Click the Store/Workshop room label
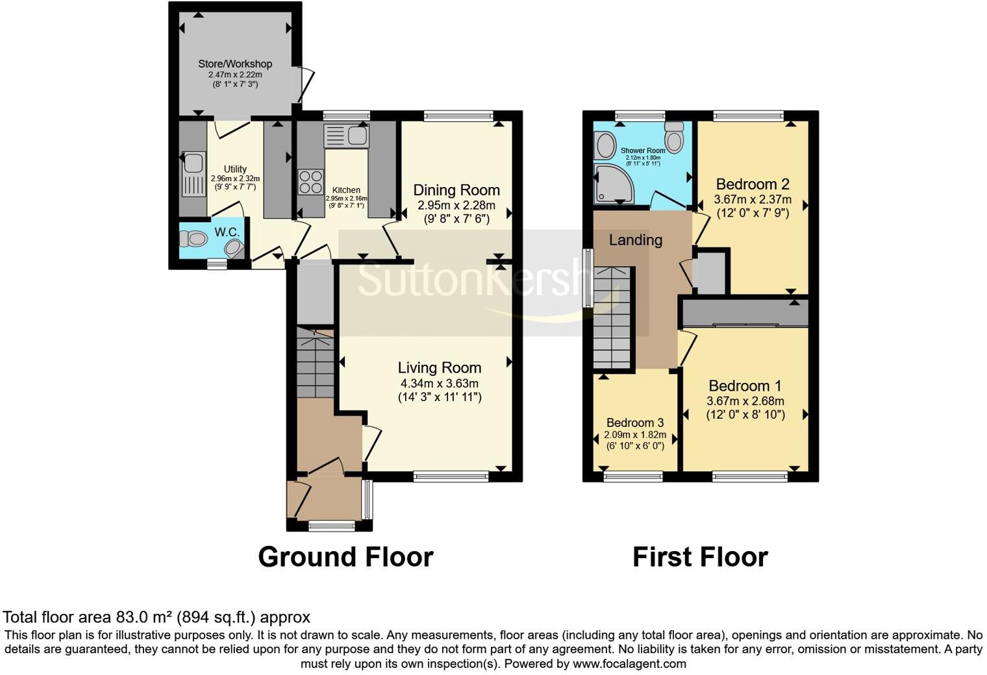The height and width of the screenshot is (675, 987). pos(235,64)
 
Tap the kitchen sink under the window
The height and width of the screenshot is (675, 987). pos(347,136)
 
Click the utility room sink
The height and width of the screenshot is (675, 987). pos(193,173)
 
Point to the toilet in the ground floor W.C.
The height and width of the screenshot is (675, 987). pos(193,239)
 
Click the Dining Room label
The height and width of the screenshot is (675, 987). pos(456,190)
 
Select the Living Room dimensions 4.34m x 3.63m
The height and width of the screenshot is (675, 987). pos(440,384)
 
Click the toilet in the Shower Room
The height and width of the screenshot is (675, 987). pos(674,138)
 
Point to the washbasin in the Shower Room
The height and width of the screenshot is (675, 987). pos(605,146)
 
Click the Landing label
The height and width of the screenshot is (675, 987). pos(635,240)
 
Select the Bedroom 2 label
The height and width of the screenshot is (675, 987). pos(753,184)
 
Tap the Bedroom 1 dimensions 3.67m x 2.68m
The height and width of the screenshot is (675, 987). pos(745,401)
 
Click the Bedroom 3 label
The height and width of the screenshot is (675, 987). pos(635,423)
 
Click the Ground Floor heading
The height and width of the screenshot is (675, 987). pos(345,557)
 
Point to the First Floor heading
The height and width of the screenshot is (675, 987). pos(700,557)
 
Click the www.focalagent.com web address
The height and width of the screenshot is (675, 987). pos(629,664)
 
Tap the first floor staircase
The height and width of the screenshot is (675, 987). pos(612,318)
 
